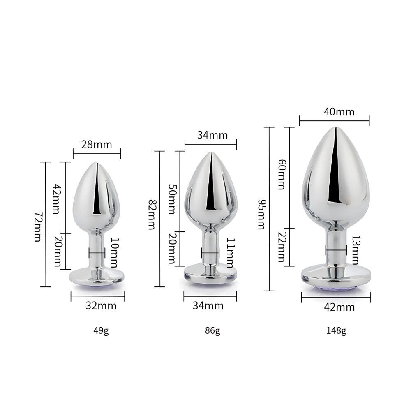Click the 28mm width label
point(97,145)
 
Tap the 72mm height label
point(37,226)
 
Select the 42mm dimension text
point(58,199)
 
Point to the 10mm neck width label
point(114,252)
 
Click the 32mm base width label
point(101,306)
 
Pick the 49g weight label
point(101,330)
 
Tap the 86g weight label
point(212,330)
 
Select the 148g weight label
point(337,330)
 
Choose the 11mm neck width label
point(230,252)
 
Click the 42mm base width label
point(339,307)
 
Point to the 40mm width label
point(339,112)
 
